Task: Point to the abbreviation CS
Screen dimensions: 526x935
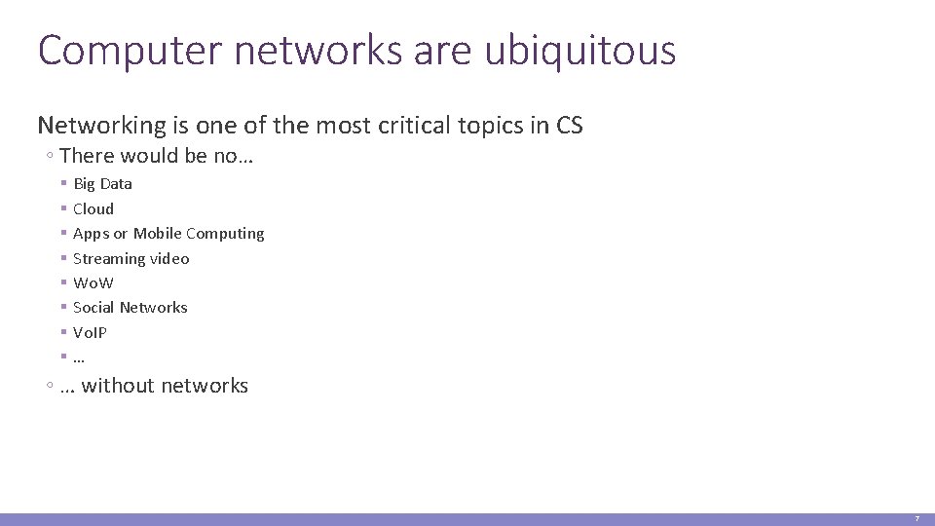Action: (570, 126)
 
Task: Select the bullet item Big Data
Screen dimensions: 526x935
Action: (102, 183)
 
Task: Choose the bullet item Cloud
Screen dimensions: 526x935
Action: (93, 208)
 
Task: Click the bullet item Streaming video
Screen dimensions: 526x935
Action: (131, 258)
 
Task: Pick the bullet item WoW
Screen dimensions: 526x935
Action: (93, 283)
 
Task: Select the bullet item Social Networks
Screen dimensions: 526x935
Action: (131, 308)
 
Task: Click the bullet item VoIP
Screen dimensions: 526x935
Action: (91, 332)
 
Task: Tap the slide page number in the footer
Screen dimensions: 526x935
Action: (916, 519)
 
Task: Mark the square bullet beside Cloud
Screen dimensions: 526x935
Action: (62, 208)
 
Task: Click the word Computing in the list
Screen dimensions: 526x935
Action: (225, 234)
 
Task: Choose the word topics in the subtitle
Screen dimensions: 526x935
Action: (499, 126)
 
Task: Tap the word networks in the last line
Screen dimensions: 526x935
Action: (205, 386)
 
